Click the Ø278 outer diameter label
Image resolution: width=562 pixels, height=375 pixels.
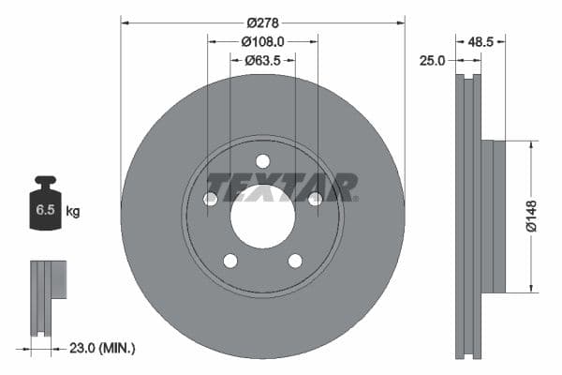(262, 9)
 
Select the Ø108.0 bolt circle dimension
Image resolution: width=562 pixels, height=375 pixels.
(262, 41)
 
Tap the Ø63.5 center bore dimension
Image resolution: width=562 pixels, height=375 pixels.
(263, 60)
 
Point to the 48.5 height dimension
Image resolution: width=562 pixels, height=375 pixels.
(481, 42)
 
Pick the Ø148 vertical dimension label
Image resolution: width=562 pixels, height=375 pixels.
(530, 216)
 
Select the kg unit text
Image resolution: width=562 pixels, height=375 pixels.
(73, 211)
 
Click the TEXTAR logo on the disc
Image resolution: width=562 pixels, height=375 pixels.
(281, 187)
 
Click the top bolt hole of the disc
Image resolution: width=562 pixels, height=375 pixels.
(262, 160)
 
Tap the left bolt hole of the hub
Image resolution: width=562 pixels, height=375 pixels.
(211, 199)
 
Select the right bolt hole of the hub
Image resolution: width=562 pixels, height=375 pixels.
(315, 198)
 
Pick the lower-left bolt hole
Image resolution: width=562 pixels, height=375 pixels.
(230, 261)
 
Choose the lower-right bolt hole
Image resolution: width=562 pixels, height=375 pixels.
(295, 261)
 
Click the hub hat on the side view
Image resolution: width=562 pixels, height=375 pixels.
(493, 216)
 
